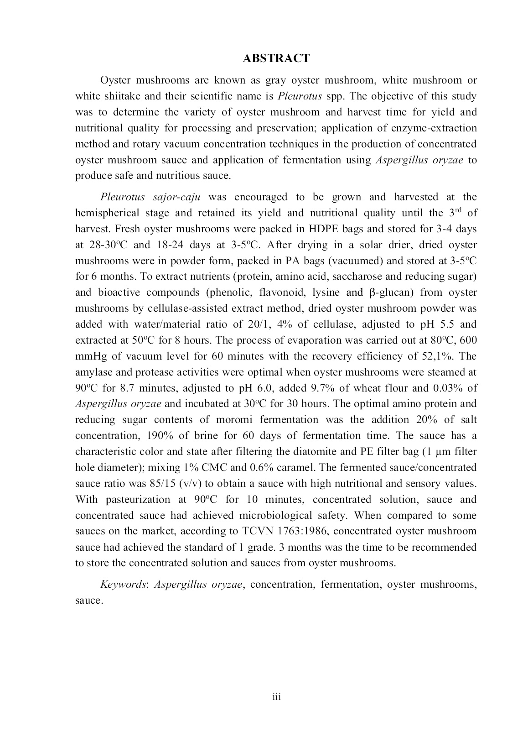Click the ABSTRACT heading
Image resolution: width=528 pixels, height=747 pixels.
click(276, 58)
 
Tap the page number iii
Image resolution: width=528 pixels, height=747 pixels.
click(276, 697)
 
